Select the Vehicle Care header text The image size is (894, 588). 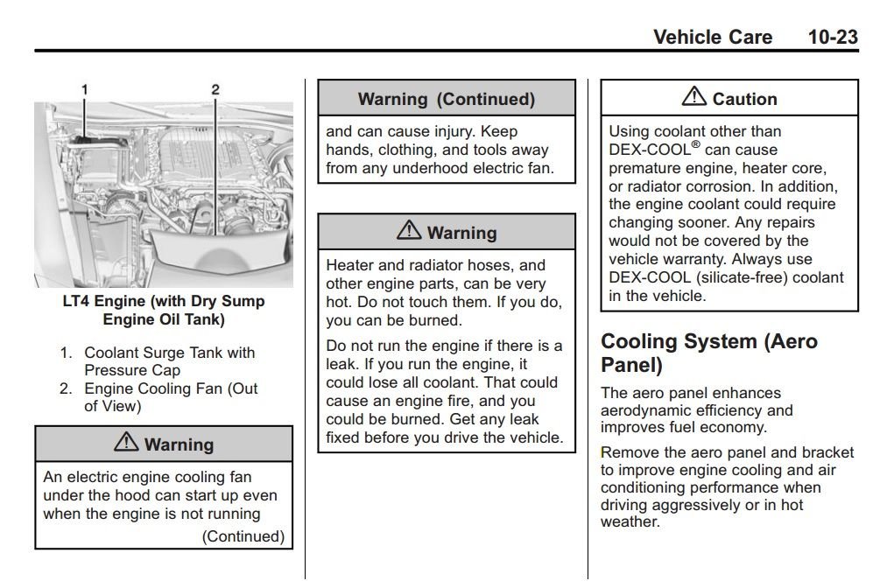pos(713,37)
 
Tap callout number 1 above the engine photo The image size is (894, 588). pos(85,89)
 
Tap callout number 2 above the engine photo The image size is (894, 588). pos(215,89)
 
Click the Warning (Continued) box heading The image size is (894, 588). pos(446,99)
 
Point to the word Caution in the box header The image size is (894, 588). pos(744,99)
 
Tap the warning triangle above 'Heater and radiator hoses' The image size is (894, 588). pos(408,231)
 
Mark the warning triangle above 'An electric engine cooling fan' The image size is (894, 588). pos(126,443)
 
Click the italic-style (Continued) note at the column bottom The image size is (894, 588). pos(243,536)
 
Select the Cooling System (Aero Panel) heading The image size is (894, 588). pos(709,352)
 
